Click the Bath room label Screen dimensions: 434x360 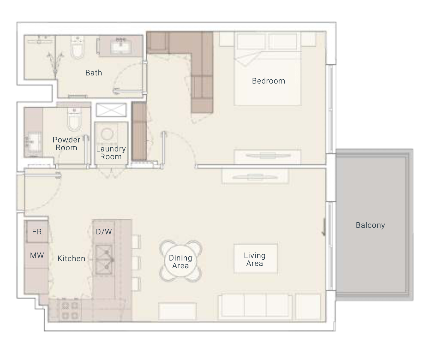coord(93,73)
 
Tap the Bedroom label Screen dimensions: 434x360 coord(268,81)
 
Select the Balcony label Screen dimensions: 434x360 coord(370,225)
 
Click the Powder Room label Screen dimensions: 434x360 coord(66,144)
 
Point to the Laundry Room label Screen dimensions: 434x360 coord(111,153)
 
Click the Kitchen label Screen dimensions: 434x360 coord(71,258)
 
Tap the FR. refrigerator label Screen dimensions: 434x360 coord(38,232)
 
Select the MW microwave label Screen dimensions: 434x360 coord(37,255)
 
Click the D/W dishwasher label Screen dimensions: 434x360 coord(104,232)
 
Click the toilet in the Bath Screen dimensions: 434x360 coord(78,47)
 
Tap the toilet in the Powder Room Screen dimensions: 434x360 coord(74,120)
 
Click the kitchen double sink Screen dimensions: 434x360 coord(104,260)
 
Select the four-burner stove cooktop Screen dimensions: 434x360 coord(70,311)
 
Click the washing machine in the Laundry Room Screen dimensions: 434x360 coord(107,134)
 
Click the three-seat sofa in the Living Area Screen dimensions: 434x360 coord(255,307)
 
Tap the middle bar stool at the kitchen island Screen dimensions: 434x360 coord(136,263)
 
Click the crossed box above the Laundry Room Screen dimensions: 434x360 coord(111,110)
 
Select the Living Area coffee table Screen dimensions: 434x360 coord(256,258)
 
